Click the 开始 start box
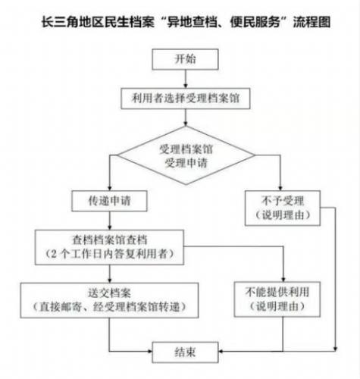coord(185,59)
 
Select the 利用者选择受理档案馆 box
coord(186,99)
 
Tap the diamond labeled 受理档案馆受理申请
coord(186,155)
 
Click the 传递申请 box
coord(109,201)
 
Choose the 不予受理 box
coord(283,208)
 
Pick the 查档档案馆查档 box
coord(109,247)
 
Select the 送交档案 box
coord(109,300)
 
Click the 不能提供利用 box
coord(277,299)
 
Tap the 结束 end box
coord(185,352)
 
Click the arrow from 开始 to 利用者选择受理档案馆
coord(186,79)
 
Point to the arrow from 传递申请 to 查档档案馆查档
coord(110,221)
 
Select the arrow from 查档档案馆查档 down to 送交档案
coord(110,274)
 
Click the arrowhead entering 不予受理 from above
coord(280,188)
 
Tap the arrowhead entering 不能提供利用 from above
coord(283,280)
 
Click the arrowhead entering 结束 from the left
coord(150,351)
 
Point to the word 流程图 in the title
coord(311,22)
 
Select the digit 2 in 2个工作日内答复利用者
coord(54,254)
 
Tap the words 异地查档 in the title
coord(192,22)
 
